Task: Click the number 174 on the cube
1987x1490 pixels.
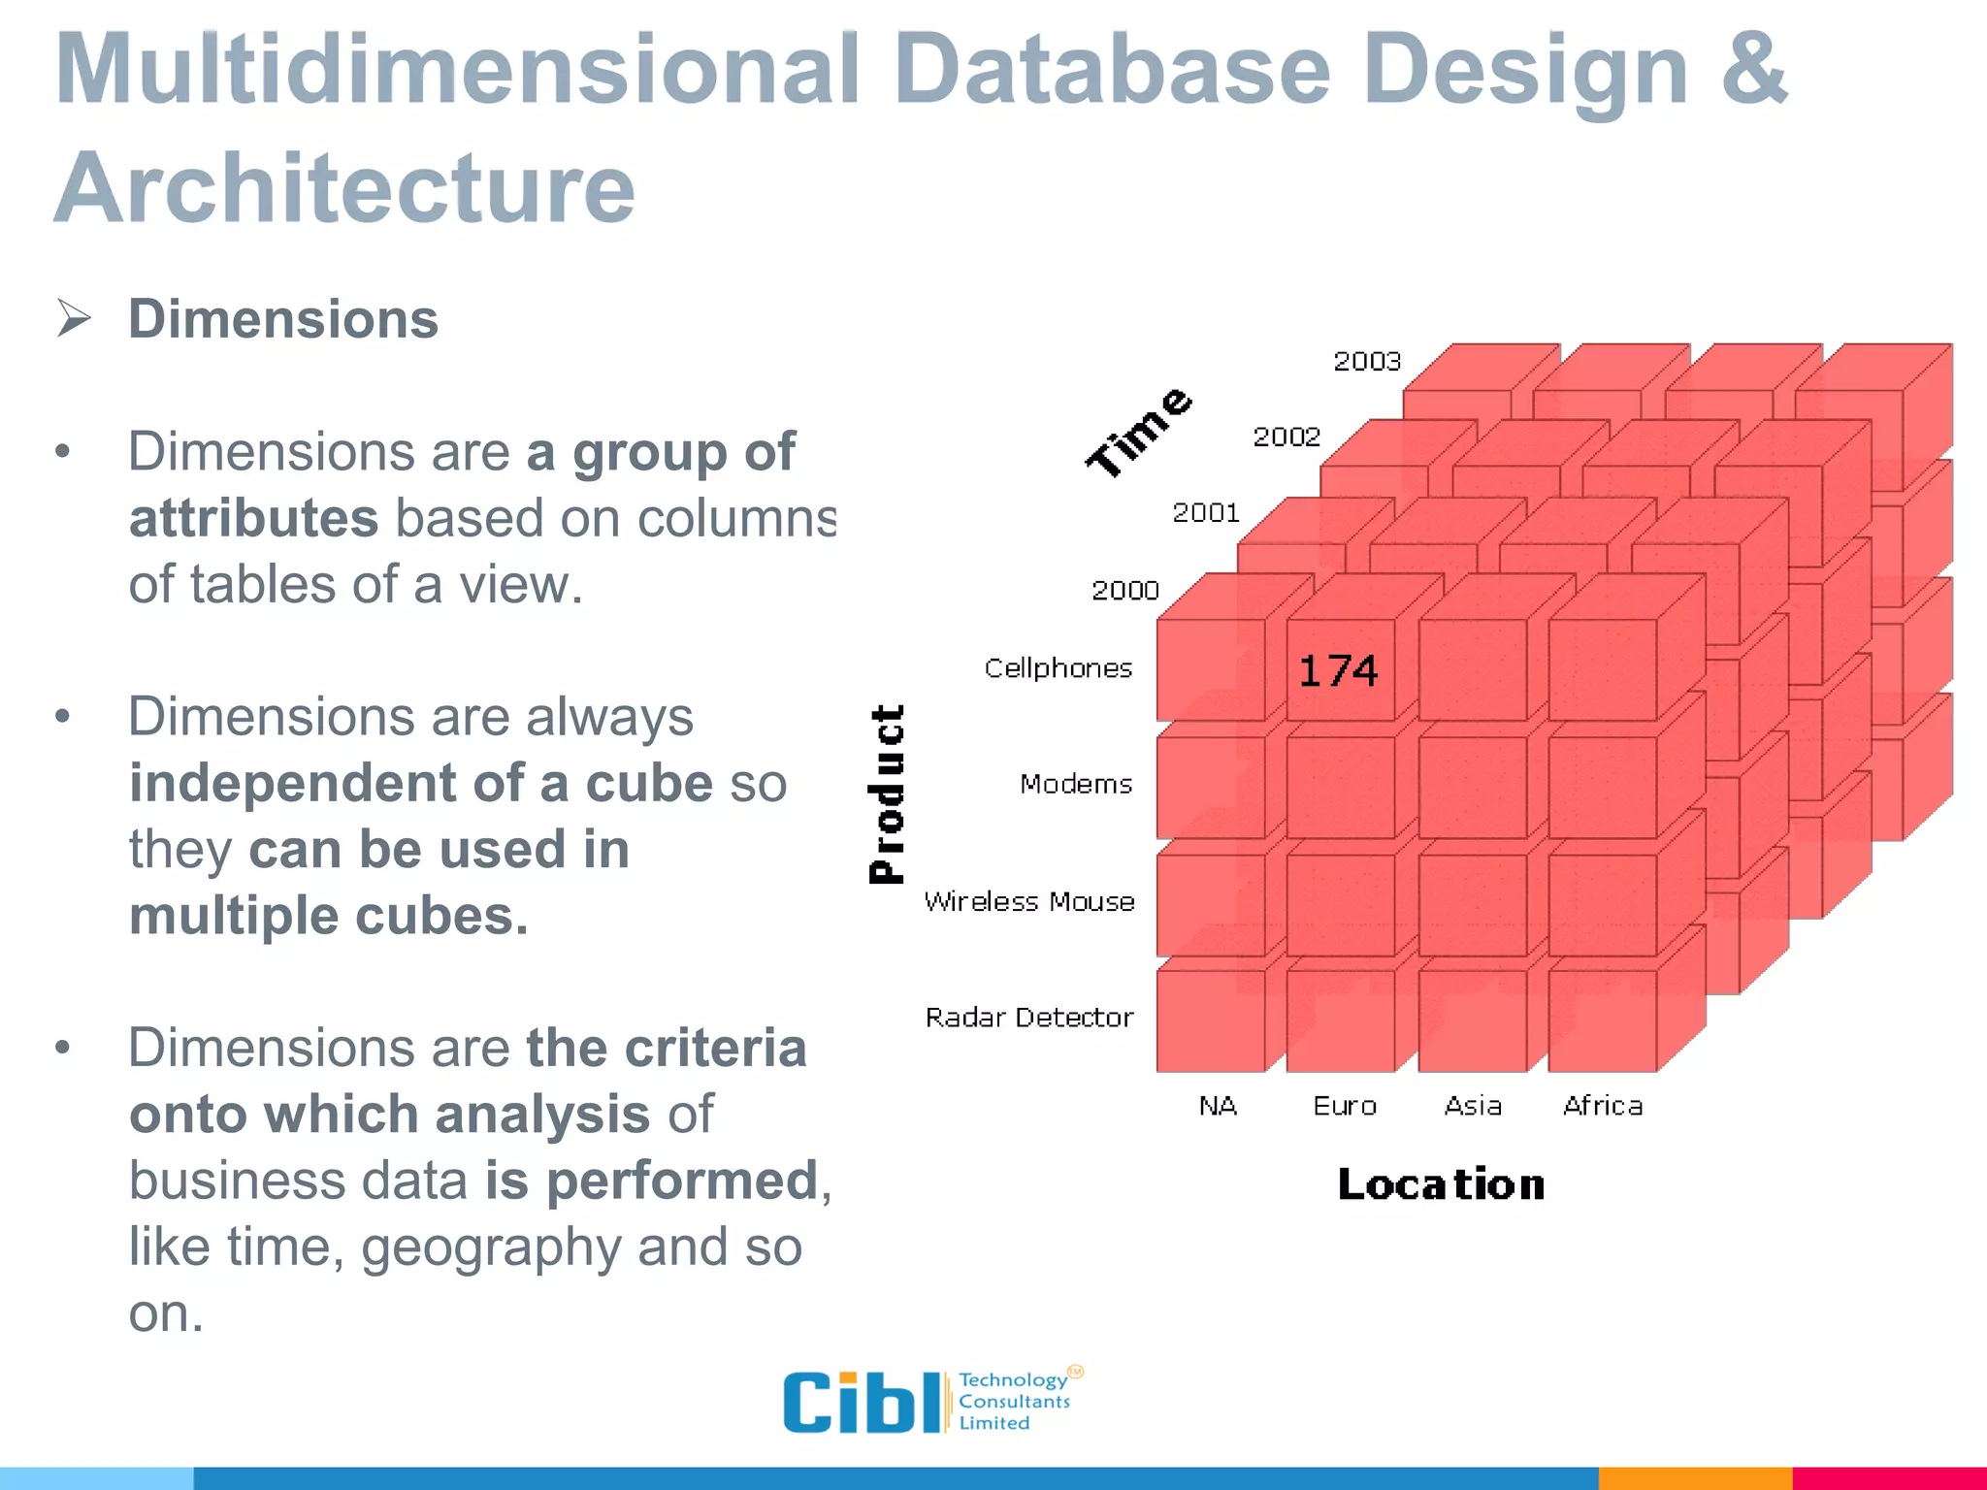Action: (1338, 670)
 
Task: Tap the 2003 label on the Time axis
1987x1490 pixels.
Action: (1367, 362)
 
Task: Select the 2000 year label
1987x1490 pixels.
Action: (1125, 590)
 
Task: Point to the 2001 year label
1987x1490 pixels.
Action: (1206, 512)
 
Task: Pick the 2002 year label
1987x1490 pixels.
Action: (1287, 437)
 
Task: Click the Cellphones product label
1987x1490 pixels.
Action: (1059, 667)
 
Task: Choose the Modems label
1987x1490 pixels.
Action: (1076, 784)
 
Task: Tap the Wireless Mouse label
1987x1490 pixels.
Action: (1029, 901)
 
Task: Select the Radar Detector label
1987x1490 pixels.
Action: (1029, 1017)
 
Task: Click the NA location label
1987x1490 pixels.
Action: (1218, 1106)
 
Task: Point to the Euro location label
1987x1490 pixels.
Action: (1345, 1106)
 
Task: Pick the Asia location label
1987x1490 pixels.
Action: (1473, 1106)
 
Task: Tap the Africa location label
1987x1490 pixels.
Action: (1603, 1106)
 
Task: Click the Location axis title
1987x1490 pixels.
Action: (1441, 1184)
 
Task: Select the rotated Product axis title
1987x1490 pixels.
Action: (887, 794)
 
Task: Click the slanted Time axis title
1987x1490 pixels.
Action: (1138, 432)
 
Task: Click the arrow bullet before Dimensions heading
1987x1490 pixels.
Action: (74, 318)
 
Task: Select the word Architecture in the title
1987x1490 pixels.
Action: (344, 187)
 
